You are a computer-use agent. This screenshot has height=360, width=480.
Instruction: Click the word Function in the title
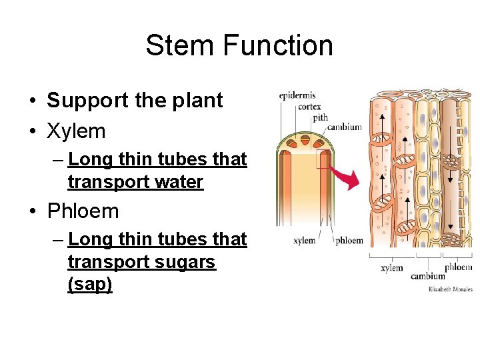278,46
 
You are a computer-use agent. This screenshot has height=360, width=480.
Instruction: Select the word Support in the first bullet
88,101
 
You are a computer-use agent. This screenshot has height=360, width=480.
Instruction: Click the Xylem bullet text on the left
76,131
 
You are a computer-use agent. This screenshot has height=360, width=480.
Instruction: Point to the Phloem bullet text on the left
83,211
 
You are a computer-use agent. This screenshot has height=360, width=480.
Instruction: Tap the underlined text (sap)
90,285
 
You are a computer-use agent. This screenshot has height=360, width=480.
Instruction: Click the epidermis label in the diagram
297,95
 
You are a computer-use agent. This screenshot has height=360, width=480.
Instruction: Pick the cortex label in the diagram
309,106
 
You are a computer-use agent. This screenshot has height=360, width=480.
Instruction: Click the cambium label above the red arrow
345,127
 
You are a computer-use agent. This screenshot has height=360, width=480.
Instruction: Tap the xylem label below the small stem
304,240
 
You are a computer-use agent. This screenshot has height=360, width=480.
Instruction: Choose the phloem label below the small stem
349,240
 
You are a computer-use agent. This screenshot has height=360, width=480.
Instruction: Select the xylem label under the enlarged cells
391,267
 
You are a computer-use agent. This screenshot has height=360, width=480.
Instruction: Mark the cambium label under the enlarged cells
427,275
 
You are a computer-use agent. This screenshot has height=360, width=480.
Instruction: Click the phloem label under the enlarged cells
459,267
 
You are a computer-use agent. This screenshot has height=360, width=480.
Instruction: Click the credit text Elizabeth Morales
450,289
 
